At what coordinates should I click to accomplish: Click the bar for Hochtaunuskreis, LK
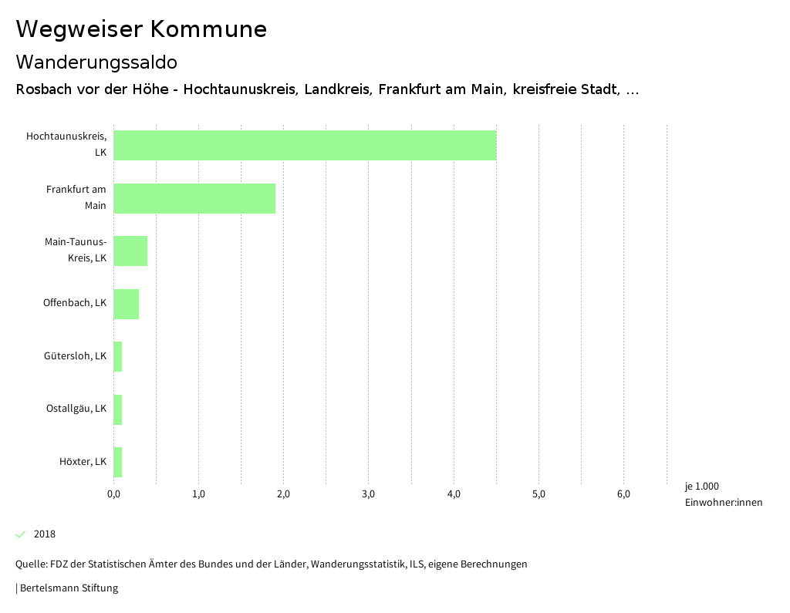tap(305, 145)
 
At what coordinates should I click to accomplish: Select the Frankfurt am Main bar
tap(194, 198)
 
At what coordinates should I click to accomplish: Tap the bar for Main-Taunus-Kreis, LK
tap(130, 251)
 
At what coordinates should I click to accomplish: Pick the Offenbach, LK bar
tap(126, 304)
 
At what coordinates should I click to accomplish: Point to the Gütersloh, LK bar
tap(118, 356)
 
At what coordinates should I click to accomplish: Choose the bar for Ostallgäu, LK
tap(118, 409)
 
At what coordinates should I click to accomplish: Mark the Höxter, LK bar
tap(118, 462)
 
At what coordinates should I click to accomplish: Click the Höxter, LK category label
tap(83, 462)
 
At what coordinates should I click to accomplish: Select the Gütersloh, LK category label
tap(75, 356)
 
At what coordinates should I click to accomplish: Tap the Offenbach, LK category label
tap(74, 303)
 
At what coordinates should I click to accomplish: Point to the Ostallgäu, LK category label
tap(76, 409)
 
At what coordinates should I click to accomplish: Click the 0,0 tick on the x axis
tap(113, 494)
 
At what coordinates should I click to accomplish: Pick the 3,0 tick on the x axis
tap(369, 494)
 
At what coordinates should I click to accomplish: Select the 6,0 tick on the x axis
tap(623, 494)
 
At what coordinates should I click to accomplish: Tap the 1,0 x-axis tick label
tap(198, 494)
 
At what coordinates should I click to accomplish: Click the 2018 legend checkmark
tap(21, 534)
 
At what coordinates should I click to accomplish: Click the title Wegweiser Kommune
tap(141, 29)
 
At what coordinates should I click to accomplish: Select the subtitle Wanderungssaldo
tap(96, 62)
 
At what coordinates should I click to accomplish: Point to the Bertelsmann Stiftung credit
tap(67, 588)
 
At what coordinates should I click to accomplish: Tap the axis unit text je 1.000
tap(701, 487)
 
